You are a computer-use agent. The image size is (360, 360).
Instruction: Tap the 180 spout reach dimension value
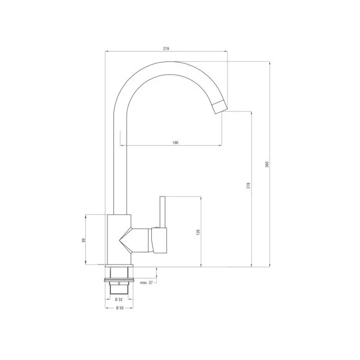tap(175, 142)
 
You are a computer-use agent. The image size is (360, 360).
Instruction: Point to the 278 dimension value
tap(247, 186)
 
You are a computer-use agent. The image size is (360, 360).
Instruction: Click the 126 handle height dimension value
tap(197, 232)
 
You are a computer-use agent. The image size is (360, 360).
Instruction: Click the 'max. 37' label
tap(146, 282)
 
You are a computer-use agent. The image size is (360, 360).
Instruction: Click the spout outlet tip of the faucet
tap(220, 108)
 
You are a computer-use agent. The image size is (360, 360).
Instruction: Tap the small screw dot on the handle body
tap(157, 229)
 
